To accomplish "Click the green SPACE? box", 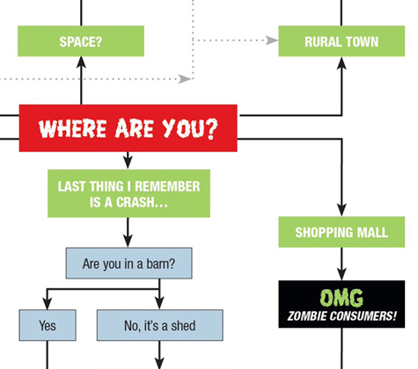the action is (81, 41).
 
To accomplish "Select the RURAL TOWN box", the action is (341, 41).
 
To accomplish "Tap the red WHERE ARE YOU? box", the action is (128, 128).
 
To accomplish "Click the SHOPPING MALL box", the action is (341, 232).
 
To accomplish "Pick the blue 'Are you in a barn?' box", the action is (128, 264).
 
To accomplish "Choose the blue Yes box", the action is (48, 325).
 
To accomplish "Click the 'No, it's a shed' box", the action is (160, 325).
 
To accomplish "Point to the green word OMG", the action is (341, 298).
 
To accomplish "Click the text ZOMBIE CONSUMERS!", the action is (341, 316).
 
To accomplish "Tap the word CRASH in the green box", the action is (135, 202).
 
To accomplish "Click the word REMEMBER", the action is (167, 186).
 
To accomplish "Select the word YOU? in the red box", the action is (190, 128).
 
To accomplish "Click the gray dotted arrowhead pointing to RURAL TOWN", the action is (272, 40).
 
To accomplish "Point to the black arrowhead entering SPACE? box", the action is (81, 62).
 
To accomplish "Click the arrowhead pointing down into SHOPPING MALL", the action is (341, 210).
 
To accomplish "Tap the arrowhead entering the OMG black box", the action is (341, 274).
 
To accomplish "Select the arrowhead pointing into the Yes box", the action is (48, 303).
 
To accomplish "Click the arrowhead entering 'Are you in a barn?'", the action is (128, 241).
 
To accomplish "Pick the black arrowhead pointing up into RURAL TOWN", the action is (341, 63).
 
